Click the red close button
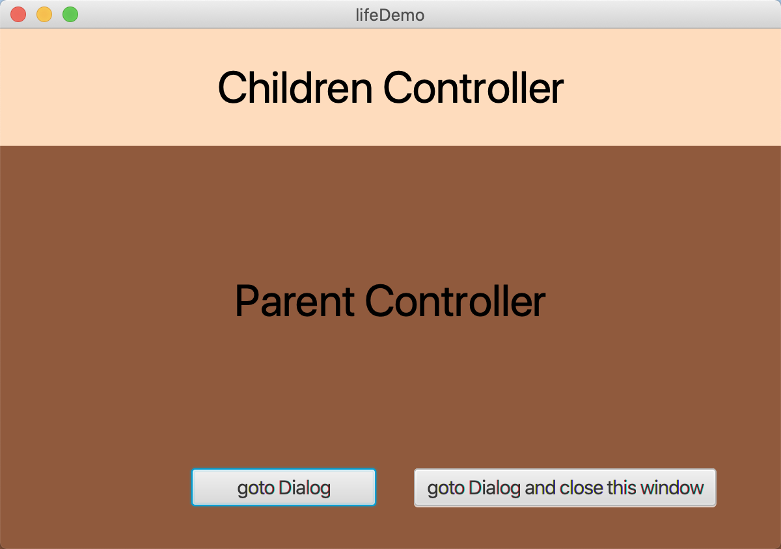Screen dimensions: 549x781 coord(18,14)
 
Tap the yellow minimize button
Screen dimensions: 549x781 coord(44,14)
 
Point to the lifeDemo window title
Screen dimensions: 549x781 coord(390,14)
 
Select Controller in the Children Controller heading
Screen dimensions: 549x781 coord(473,88)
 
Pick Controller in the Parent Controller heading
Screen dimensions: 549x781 coord(455,302)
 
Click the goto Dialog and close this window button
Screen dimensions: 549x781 coord(565,488)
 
